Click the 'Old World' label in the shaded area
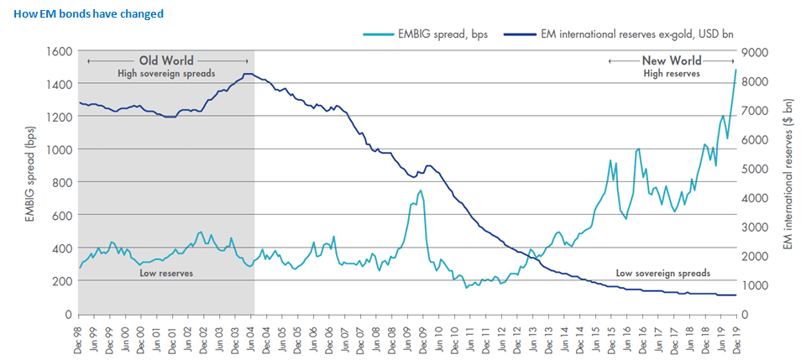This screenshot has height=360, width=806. click(x=166, y=60)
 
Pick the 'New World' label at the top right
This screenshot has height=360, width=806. click(x=671, y=60)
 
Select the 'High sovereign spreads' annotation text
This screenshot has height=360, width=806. click(x=166, y=74)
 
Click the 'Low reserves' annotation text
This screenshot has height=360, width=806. click(x=166, y=272)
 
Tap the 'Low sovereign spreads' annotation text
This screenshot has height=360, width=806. click(x=663, y=273)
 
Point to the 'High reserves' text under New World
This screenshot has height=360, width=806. click(x=671, y=74)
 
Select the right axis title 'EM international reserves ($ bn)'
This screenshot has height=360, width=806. click(x=788, y=181)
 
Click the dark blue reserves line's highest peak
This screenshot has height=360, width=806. click(x=249, y=74)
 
